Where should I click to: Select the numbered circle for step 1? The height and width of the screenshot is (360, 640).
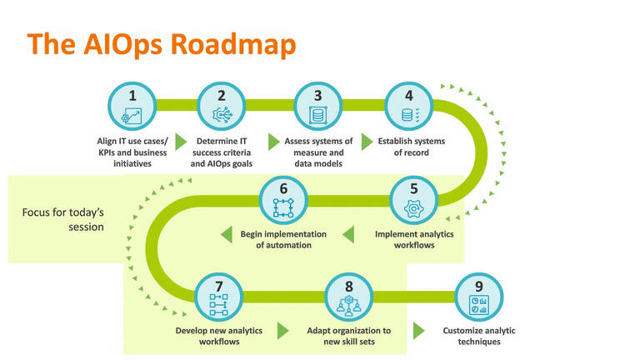point(132,106)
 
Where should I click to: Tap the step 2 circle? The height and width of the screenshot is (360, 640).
point(221,106)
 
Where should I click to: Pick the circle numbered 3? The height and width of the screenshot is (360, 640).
point(317,106)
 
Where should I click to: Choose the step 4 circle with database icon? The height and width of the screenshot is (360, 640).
point(408,106)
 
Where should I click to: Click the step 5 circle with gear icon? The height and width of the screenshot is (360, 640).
point(413,200)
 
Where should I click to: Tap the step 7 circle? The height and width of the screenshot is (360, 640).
point(218,297)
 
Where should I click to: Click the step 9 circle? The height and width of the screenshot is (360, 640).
point(478,297)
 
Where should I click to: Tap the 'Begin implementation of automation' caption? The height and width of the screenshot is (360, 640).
point(283,239)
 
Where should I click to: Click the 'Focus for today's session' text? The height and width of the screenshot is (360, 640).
point(62,218)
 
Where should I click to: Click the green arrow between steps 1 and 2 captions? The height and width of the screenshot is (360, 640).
point(180,142)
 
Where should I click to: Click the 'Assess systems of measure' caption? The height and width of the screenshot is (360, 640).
point(317,147)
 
